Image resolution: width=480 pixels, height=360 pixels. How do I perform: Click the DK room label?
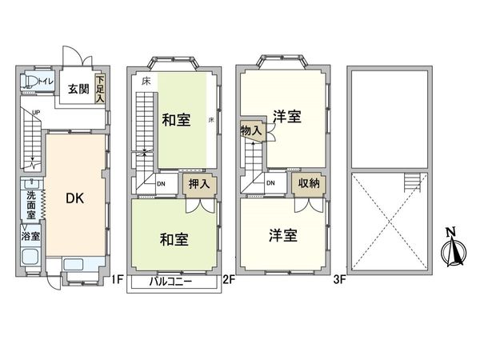coord(74,198)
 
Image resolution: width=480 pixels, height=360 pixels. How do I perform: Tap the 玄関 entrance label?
coord(78,89)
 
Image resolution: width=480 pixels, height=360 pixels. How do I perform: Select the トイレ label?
coord(47,81)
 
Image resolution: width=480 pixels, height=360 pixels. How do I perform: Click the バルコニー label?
coord(175,282)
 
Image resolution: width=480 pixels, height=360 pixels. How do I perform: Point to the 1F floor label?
coord(117,279)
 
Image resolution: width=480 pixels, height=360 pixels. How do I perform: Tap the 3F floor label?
coord(339,279)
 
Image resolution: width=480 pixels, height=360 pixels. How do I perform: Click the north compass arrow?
coord(450,249)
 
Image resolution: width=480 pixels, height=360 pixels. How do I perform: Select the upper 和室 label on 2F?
coord(175,121)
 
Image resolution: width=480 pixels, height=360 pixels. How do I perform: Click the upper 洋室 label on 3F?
coord(286,117)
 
